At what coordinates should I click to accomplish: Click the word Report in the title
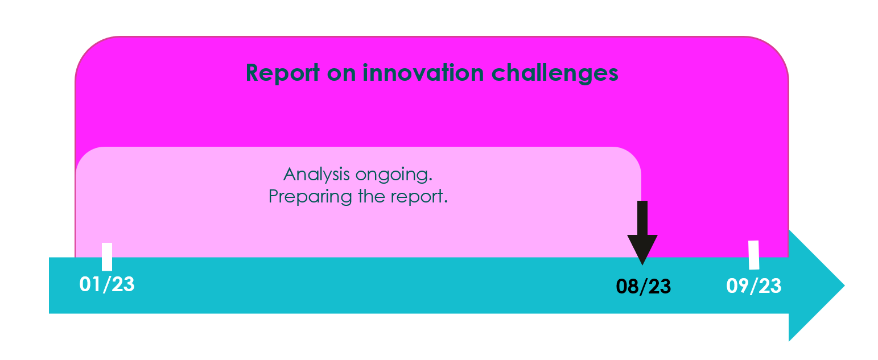pyautogui.click(x=283, y=73)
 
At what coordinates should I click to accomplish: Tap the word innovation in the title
pyautogui.click(x=423, y=73)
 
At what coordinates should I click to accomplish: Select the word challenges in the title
pyautogui.click(x=555, y=73)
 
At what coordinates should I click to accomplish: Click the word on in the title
pyautogui.click(x=341, y=75)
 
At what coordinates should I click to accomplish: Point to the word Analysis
pyautogui.click(x=317, y=175)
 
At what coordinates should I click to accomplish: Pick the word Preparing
pyautogui.click(x=311, y=197)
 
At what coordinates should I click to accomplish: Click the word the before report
pyautogui.click(x=371, y=196)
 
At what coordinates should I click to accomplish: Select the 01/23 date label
pyautogui.click(x=107, y=284)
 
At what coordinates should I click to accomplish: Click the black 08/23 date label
pyautogui.click(x=644, y=287)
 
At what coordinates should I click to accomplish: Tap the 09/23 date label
pyautogui.click(x=754, y=286)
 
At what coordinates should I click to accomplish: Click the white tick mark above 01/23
pyautogui.click(x=107, y=257)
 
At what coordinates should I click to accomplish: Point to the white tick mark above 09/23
pyautogui.click(x=754, y=255)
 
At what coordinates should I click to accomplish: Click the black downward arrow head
pyautogui.click(x=642, y=249)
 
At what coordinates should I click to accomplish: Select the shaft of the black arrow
pyautogui.click(x=642, y=218)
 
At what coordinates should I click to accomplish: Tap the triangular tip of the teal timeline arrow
pyautogui.click(x=844, y=285)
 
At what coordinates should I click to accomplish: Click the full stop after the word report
pyautogui.click(x=446, y=202)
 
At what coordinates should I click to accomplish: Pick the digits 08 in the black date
pyautogui.click(x=628, y=287)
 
